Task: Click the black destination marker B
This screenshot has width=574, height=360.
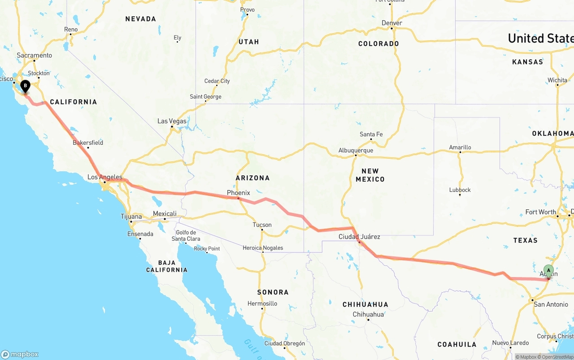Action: coord(25,85)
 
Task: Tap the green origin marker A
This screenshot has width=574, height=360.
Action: coord(548,271)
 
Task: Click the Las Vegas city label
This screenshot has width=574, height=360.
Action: coord(172,121)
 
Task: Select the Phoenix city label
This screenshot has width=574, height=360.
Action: coord(238,193)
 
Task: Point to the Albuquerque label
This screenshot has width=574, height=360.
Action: coord(356,150)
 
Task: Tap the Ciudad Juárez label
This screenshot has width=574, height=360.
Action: coord(359,237)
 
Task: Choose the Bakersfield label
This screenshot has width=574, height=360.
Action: coord(88,143)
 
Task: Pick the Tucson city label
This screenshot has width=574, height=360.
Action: coord(262,225)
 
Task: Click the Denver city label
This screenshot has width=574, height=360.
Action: coord(392,23)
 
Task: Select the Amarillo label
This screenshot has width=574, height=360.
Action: coord(460,147)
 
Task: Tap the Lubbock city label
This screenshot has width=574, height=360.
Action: coord(460,190)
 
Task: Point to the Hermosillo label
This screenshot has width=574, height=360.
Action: coord(262,304)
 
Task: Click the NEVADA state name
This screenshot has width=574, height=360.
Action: coord(141,19)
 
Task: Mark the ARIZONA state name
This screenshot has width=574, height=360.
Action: coord(252,178)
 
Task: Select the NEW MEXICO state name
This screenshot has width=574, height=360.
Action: coord(370,175)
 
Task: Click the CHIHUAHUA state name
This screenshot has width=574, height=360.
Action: coord(365,304)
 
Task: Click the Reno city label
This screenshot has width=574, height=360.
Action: coord(71,30)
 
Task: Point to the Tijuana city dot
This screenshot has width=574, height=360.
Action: coord(131,221)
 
